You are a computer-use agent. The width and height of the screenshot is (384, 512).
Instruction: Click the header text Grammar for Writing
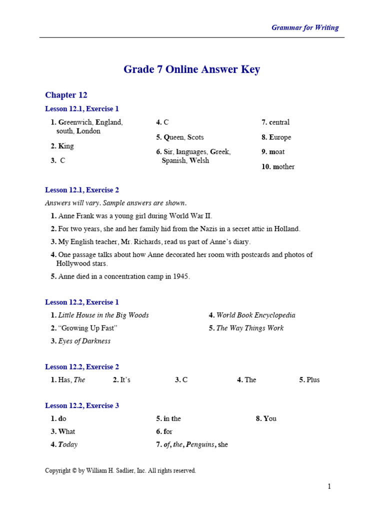pyautogui.click(x=304, y=27)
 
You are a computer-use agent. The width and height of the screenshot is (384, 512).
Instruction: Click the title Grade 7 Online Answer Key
pyautogui.click(x=191, y=69)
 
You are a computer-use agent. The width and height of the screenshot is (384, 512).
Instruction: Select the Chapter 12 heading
pyautogui.click(x=66, y=95)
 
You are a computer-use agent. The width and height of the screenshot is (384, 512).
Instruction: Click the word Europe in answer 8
pyautogui.click(x=280, y=137)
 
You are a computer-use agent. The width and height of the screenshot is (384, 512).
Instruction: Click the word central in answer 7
pyautogui.click(x=279, y=122)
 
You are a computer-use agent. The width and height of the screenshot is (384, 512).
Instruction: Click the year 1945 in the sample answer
pyautogui.click(x=180, y=276)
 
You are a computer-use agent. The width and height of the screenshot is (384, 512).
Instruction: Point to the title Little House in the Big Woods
pyautogui.click(x=103, y=315)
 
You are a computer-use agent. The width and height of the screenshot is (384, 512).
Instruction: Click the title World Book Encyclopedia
pyautogui.click(x=255, y=315)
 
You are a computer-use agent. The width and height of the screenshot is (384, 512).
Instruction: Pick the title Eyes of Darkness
pyautogui.click(x=84, y=341)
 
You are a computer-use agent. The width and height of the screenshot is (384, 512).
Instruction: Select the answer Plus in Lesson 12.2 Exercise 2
pyautogui.click(x=313, y=379)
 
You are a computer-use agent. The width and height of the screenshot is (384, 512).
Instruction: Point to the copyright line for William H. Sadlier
pyautogui.click(x=120, y=470)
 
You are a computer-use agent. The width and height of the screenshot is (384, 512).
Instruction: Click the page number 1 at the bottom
pyautogui.click(x=329, y=486)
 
